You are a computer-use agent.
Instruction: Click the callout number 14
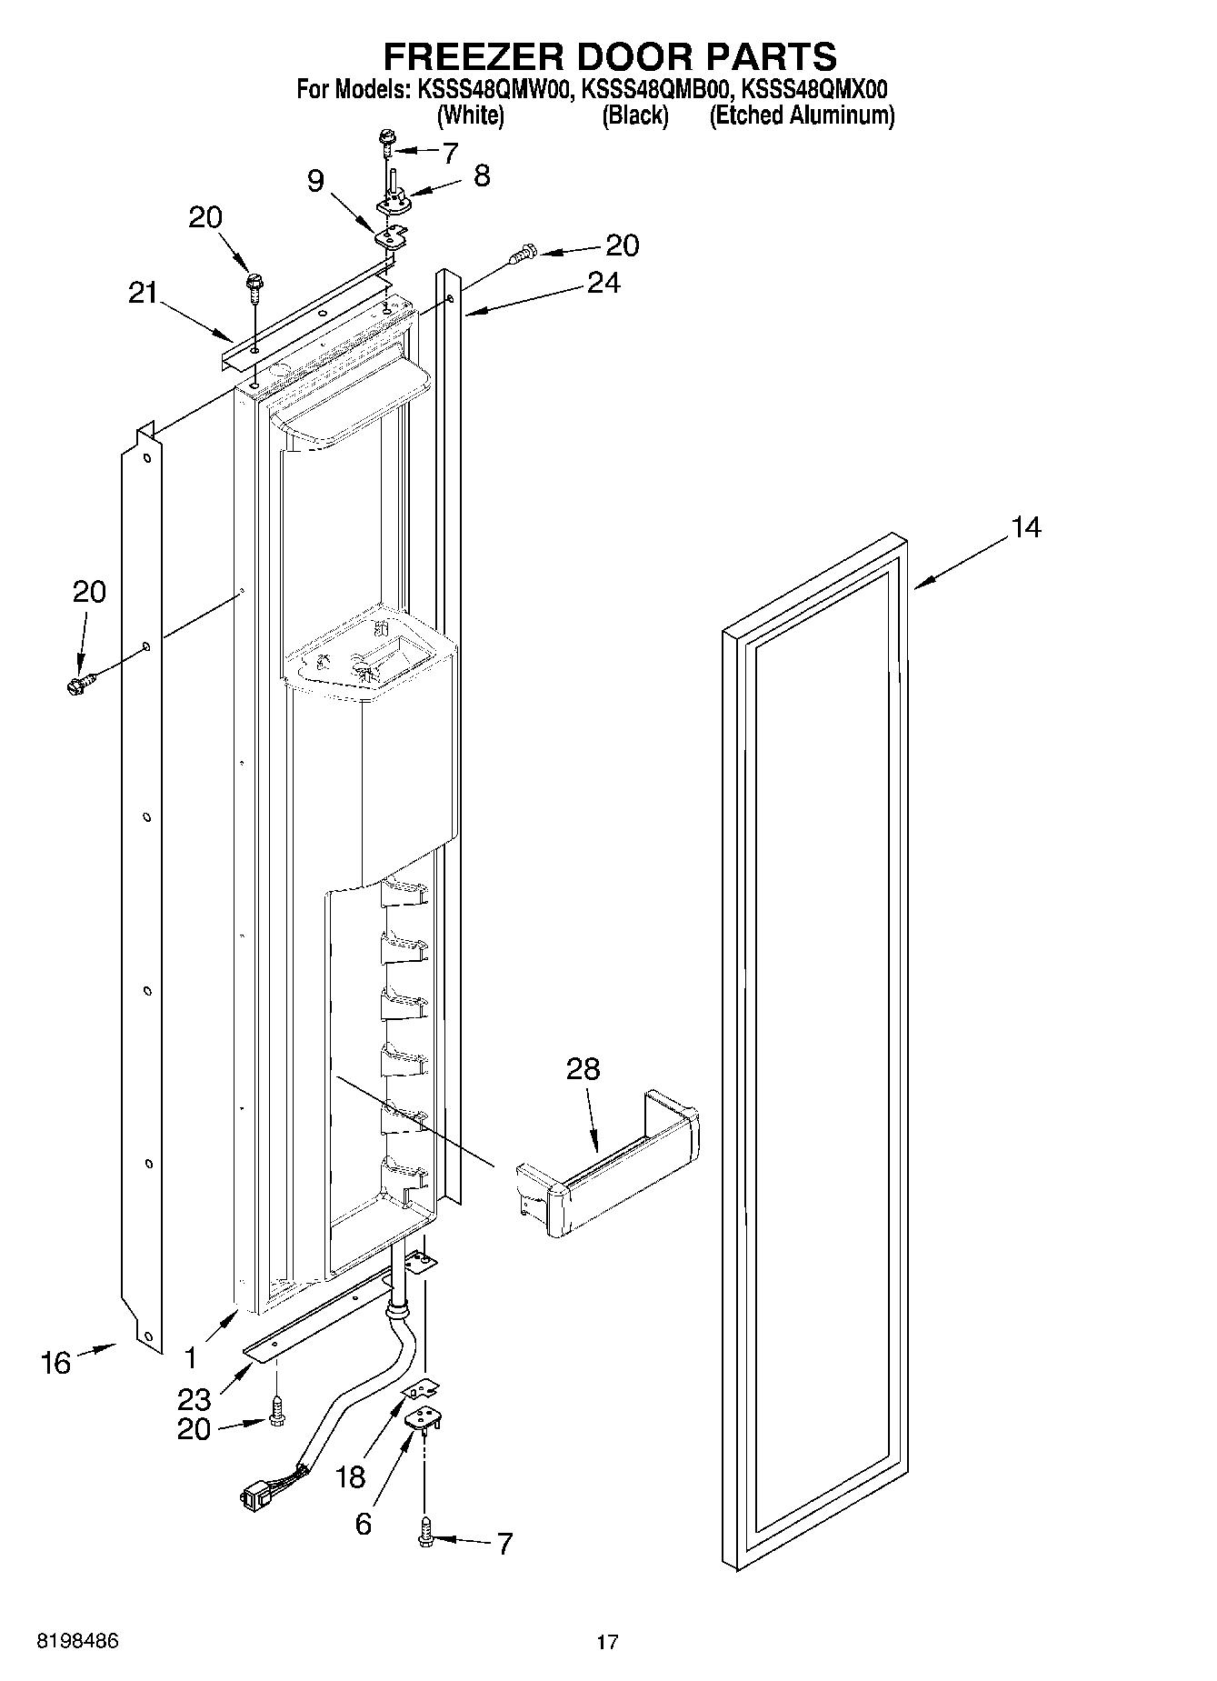[x=1025, y=527]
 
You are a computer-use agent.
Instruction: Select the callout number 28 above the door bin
[x=583, y=1069]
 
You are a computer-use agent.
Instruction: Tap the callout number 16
[x=55, y=1362]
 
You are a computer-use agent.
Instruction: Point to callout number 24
[x=604, y=284]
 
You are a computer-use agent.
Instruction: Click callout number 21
[x=143, y=294]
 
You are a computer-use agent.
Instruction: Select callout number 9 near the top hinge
[x=314, y=181]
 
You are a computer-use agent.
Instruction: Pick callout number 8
[x=482, y=175]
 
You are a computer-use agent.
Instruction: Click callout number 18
[x=350, y=1477]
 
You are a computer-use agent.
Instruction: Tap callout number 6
[x=363, y=1524]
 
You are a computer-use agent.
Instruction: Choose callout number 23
[x=195, y=1399]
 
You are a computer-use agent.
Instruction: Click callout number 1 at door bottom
[x=190, y=1358]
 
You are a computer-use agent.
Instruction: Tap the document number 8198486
[x=77, y=1641]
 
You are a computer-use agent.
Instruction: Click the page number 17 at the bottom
[x=607, y=1642]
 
